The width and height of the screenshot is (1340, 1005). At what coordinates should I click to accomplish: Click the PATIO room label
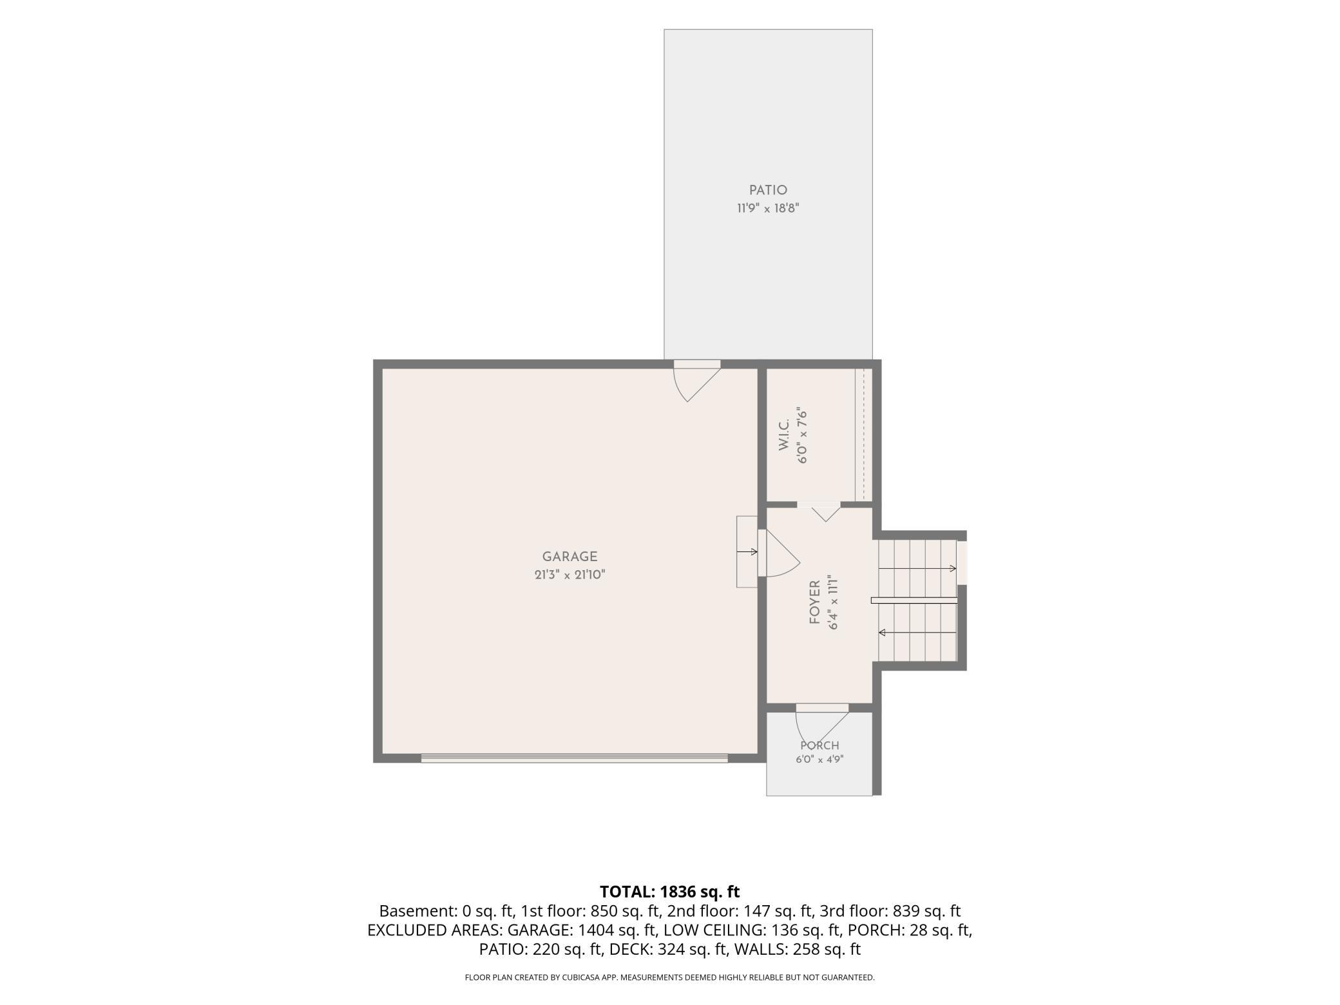pos(768,190)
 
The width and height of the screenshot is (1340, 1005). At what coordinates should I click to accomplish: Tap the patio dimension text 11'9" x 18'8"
pos(768,208)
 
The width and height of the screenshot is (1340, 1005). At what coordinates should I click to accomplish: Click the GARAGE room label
pos(569,557)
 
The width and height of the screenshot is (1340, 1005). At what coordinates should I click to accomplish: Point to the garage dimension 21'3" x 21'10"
pos(569,575)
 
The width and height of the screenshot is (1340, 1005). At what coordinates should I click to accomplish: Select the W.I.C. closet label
pos(784,435)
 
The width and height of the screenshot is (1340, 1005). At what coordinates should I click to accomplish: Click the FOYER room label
pos(814,602)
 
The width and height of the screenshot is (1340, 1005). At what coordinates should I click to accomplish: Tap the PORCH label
pos(819,746)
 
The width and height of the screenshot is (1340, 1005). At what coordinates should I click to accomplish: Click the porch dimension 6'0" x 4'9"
pos(819,760)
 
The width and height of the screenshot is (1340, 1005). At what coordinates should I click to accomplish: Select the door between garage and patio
pos(697,380)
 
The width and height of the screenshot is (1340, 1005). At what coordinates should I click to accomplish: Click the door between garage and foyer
pos(778,553)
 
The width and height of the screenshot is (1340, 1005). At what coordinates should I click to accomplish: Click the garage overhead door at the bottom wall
pos(575,758)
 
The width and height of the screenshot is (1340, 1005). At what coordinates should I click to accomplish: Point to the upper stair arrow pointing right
pos(917,568)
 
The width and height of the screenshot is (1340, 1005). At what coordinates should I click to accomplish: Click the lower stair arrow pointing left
pos(917,633)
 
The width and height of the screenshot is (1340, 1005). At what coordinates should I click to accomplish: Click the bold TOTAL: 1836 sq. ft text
pos(670,892)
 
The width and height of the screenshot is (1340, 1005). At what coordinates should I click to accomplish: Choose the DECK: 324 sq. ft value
pos(670,949)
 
